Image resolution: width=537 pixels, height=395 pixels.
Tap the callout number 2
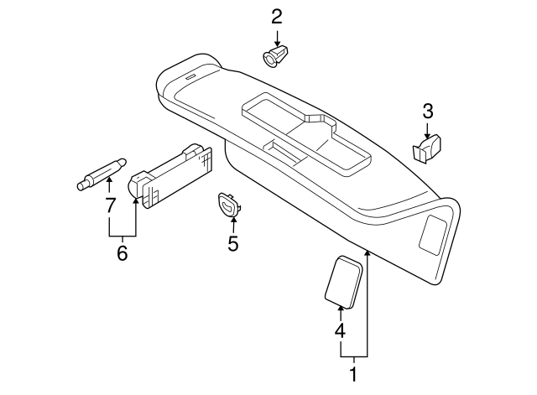(277, 16)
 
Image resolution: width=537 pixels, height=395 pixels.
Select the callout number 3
(427, 111)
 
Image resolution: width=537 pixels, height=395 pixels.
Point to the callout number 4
(339, 330)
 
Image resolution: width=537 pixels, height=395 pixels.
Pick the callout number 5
(233, 243)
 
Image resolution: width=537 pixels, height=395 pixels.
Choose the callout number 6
(122, 252)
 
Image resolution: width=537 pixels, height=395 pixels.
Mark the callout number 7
(109, 205)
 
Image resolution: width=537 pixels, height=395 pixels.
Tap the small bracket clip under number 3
(426, 148)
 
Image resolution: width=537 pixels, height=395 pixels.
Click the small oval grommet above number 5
(227, 204)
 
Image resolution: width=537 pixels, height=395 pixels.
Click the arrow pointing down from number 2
(277, 37)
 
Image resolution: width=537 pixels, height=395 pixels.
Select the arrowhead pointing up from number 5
(233, 220)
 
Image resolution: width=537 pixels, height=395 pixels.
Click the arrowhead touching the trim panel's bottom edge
(368, 252)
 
